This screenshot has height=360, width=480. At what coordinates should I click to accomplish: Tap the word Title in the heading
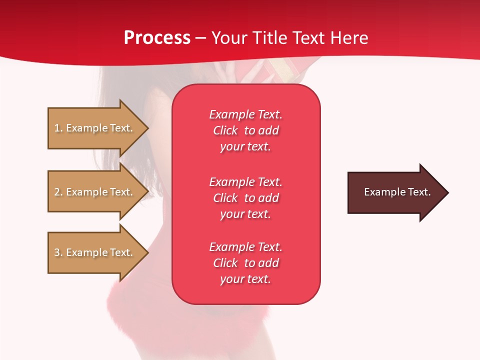point(270,38)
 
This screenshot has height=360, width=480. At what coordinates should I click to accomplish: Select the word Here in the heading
point(349,38)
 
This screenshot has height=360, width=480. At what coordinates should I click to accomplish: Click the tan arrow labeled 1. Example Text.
point(98,128)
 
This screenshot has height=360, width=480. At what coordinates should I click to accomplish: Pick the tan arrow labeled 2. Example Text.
point(98,191)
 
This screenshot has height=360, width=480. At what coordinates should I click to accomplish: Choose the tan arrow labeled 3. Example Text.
point(98,252)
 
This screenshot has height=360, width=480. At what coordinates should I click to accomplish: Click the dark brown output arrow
point(398,192)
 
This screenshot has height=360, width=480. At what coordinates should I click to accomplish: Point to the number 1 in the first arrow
point(56,128)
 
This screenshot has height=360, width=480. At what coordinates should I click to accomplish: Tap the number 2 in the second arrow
point(57,192)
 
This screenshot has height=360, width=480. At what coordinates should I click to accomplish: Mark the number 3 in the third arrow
point(57,252)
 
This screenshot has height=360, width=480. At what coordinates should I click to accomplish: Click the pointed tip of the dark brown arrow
point(449,192)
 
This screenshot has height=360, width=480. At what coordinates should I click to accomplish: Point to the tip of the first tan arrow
point(149,128)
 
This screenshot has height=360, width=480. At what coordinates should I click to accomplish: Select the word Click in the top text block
point(225,130)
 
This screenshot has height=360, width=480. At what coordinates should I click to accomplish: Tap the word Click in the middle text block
point(225,198)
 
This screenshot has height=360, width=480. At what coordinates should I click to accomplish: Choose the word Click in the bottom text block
point(225,262)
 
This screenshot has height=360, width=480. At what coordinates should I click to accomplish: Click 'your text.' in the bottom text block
point(245,279)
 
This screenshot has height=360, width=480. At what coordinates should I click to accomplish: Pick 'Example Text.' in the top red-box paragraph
point(246,114)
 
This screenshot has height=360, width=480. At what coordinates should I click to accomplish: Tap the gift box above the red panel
point(269,70)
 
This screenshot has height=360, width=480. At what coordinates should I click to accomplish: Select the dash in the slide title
point(200,39)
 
